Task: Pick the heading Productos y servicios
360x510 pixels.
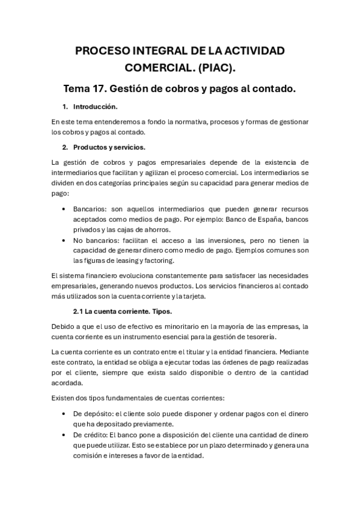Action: point(109,147)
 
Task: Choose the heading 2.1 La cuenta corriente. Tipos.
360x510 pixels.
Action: point(122,311)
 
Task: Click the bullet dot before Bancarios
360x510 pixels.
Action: point(65,209)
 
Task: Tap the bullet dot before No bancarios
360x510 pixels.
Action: point(65,240)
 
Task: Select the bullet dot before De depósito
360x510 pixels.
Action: point(65,414)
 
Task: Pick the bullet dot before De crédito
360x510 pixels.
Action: point(65,434)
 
